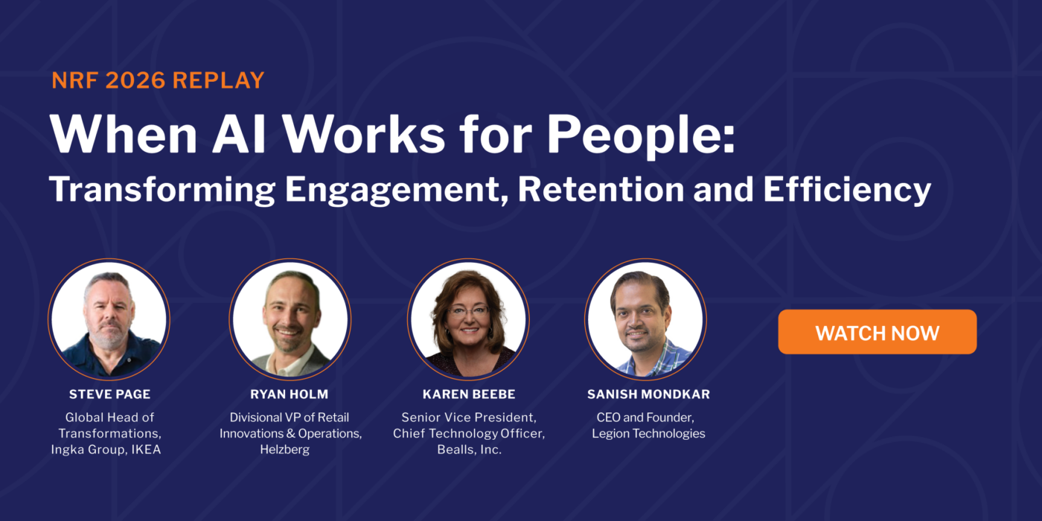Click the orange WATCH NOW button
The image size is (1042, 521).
click(x=877, y=332)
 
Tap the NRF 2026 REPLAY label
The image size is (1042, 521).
click(x=158, y=80)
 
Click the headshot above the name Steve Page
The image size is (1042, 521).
click(x=109, y=319)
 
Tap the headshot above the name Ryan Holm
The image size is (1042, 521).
click(x=290, y=319)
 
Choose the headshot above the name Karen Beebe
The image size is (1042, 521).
click(x=468, y=319)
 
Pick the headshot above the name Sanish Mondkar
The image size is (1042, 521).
click(x=645, y=319)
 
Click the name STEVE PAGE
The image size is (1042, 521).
click(x=109, y=394)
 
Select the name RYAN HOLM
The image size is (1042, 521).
click(x=290, y=394)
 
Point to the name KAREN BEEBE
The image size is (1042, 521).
click(x=469, y=394)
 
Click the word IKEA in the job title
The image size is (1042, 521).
click(x=146, y=450)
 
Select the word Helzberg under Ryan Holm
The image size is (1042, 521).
click(x=290, y=450)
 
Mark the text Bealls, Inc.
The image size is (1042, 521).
click(x=469, y=450)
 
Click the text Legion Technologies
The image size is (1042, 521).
click(x=648, y=433)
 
